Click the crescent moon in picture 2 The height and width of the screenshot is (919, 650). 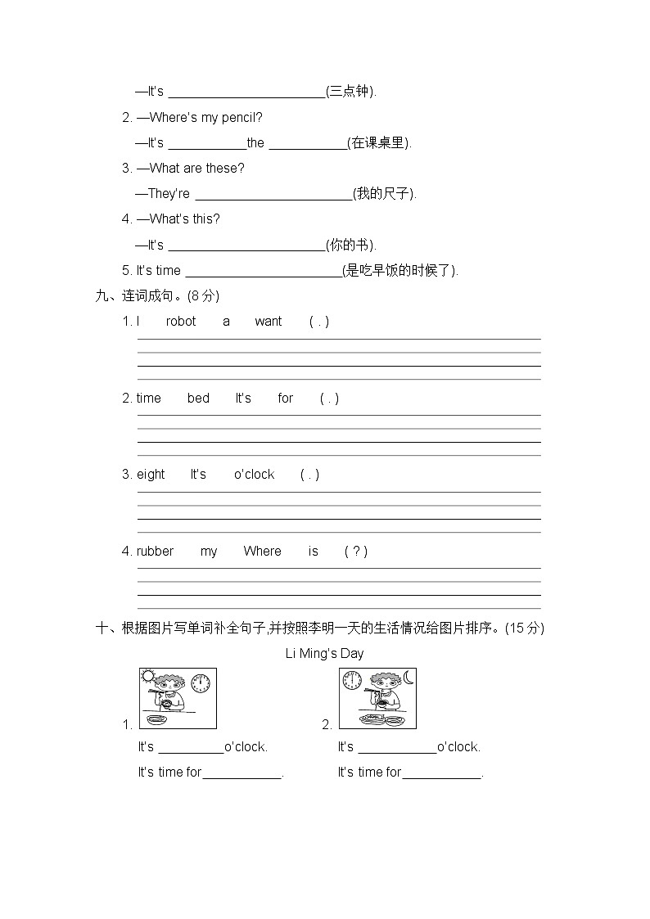(408, 678)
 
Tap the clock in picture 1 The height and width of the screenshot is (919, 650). (200, 682)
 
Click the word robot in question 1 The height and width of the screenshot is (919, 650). (181, 322)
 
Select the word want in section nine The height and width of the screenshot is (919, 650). (268, 322)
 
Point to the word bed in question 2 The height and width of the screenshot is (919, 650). (198, 399)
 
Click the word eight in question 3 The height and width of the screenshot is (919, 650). (151, 475)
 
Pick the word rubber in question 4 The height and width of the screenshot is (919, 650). (155, 552)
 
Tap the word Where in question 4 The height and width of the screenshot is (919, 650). (262, 552)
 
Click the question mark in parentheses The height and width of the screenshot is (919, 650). (355, 552)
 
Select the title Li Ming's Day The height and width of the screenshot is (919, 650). (324, 653)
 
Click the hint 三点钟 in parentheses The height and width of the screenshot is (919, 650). (350, 92)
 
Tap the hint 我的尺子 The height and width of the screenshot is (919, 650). (384, 194)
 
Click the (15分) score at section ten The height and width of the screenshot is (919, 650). (524, 628)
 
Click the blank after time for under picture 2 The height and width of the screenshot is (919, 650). (441, 772)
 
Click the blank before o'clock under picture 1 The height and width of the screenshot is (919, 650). (191, 746)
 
